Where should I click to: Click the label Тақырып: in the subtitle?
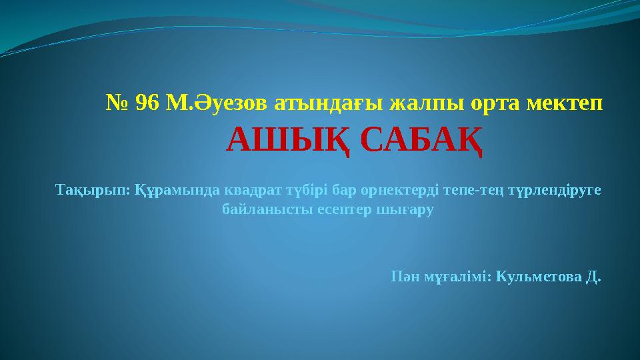coord(93,191)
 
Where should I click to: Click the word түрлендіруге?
coord(554,191)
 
